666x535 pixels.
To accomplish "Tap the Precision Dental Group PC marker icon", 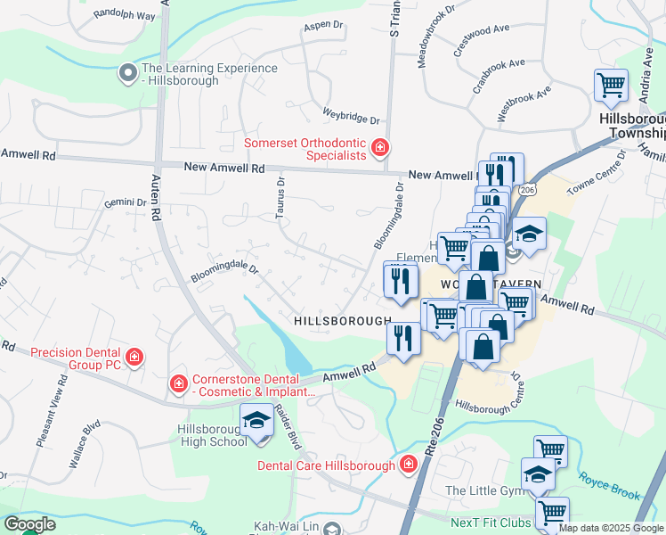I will (x=134, y=358).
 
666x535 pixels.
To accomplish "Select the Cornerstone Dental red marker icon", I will (x=178, y=384).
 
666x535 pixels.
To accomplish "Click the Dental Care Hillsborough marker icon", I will (x=408, y=465).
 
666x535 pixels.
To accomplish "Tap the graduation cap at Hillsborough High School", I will (x=256, y=419).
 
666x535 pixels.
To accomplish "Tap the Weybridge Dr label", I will (x=351, y=119).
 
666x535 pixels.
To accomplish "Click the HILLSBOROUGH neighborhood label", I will (x=343, y=320).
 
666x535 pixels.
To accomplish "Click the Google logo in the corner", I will (x=29, y=524).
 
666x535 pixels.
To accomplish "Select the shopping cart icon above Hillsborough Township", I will (x=611, y=86).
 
